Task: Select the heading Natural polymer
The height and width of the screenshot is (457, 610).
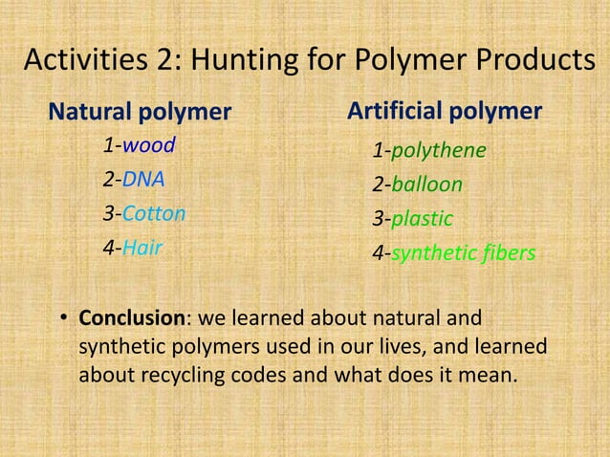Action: click(140, 113)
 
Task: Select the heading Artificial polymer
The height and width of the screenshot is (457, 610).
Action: click(445, 111)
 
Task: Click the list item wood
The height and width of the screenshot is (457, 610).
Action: click(143, 147)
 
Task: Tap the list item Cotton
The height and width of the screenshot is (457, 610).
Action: click(154, 213)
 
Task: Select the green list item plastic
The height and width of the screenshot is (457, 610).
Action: click(422, 219)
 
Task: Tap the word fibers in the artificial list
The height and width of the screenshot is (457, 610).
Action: click(506, 253)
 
